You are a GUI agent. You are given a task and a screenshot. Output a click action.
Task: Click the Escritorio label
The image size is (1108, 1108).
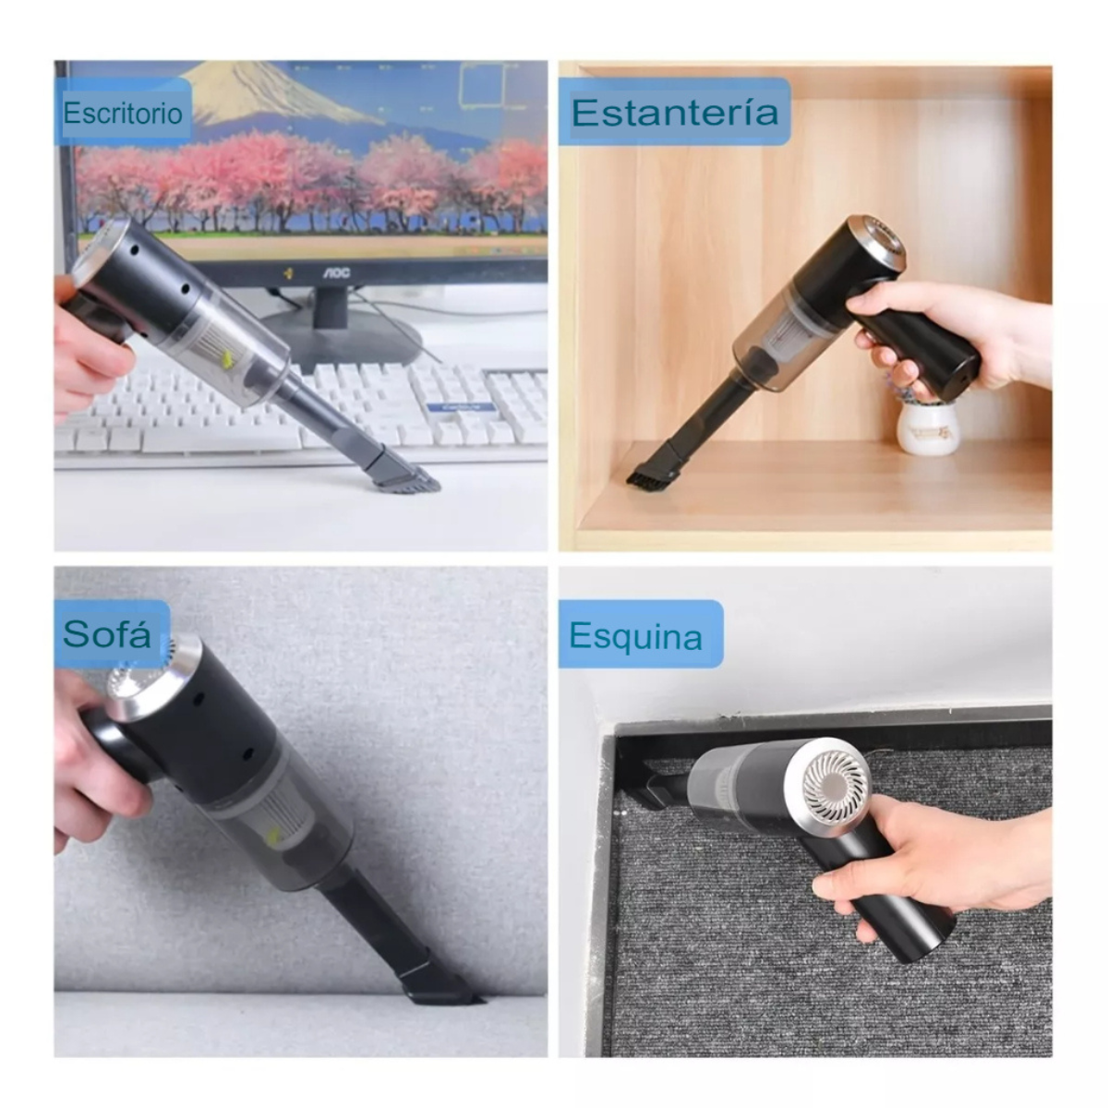(123, 113)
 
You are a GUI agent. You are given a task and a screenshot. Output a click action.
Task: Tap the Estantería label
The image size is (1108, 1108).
(674, 113)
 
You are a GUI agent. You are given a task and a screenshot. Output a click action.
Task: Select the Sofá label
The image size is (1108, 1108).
(108, 634)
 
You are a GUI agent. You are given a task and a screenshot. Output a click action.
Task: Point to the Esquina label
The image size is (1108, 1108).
(637, 635)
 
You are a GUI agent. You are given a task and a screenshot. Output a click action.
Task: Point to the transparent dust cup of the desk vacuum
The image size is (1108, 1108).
(231, 351)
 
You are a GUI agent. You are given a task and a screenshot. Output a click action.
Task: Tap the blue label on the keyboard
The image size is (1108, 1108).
(461, 407)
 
